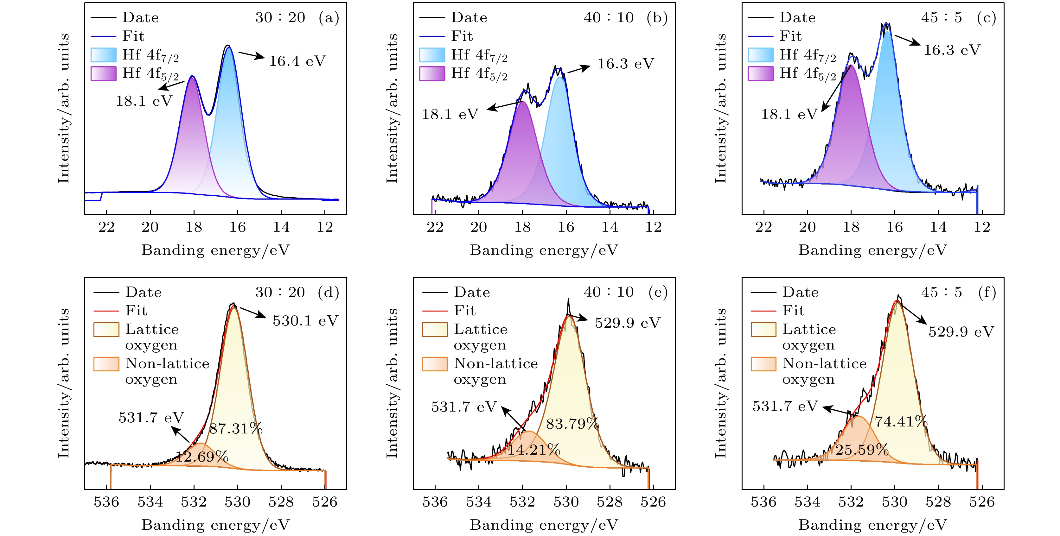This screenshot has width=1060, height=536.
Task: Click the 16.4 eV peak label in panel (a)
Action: point(297,61)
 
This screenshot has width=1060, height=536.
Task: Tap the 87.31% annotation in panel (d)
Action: point(236,429)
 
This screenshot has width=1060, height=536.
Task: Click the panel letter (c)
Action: point(986,18)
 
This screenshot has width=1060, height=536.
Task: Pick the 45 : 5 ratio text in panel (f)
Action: point(942,292)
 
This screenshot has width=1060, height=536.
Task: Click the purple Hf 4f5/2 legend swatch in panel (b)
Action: point(432,73)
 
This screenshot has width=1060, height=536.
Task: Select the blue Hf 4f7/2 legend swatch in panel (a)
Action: point(103,55)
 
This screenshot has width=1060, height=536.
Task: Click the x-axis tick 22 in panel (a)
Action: point(106,227)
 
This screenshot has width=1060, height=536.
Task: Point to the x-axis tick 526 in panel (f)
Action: point(982,502)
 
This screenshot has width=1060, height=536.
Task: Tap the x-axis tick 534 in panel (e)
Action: point(479,502)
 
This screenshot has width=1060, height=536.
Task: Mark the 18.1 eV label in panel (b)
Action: point(450,114)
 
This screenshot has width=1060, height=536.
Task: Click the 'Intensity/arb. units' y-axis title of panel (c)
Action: point(720,109)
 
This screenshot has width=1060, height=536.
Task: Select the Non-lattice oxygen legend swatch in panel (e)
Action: point(435,364)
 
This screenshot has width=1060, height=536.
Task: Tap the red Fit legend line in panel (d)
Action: point(106,311)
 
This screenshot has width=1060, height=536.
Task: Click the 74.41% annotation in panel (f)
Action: point(901,422)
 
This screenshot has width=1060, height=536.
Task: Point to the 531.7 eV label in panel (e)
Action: point(464,407)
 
